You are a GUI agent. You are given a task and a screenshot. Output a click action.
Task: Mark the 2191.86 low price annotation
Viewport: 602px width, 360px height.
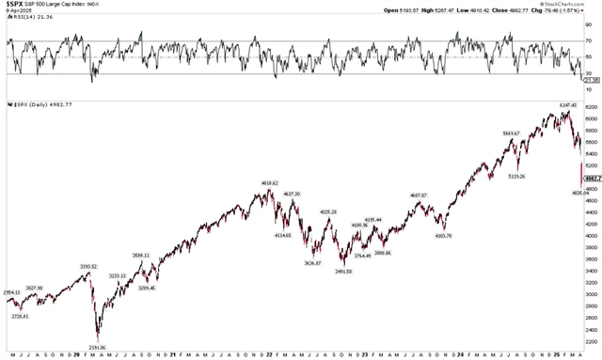tap(98, 348)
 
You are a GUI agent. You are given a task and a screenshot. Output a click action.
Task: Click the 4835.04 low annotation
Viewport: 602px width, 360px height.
tap(580, 194)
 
